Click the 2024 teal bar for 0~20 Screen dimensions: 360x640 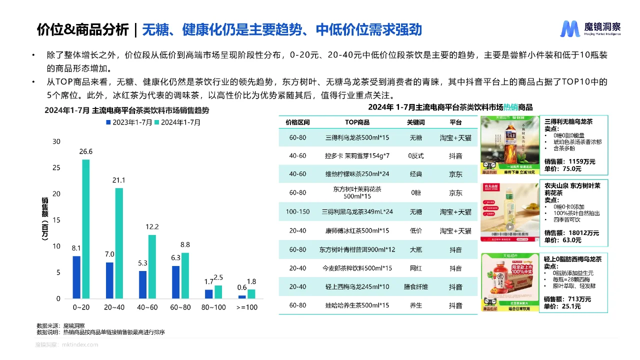[x=86, y=229]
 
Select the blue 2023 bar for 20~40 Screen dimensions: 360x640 [x=109, y=280]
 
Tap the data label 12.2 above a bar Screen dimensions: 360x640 [x=152, y=226]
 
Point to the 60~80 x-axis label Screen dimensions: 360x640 [x=180, y=307]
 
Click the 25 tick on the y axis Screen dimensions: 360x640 [x=57, y=168]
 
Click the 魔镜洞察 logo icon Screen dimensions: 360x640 [x=569, y=29]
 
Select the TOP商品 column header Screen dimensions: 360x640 [x=357, y=122]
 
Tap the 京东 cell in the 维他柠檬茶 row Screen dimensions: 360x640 [x=455, y=174]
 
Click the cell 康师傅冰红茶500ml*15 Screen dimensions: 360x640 [x=357, y=231]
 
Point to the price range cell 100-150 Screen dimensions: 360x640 [x=298, y=212]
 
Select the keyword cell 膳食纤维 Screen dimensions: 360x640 [x=415, y=287]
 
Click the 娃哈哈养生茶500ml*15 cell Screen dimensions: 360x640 [x=357, y=305]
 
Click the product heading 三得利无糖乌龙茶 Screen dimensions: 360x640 [x=568, y=121]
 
